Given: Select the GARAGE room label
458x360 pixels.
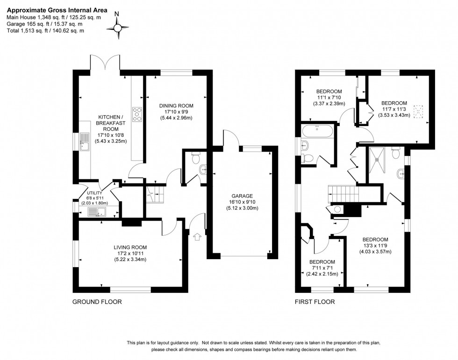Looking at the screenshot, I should point(241,196).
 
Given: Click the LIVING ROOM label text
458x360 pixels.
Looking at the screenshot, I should point(130,247).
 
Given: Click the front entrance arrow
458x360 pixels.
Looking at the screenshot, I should point(196,237).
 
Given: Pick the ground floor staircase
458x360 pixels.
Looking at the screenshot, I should point(154,193).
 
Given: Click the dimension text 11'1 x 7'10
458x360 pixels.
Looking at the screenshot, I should point(329,98).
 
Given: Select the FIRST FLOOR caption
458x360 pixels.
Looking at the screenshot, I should point(315,302).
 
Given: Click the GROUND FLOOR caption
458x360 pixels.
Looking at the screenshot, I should point(97,302).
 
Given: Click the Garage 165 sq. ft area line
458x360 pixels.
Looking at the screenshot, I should point(45,24).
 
